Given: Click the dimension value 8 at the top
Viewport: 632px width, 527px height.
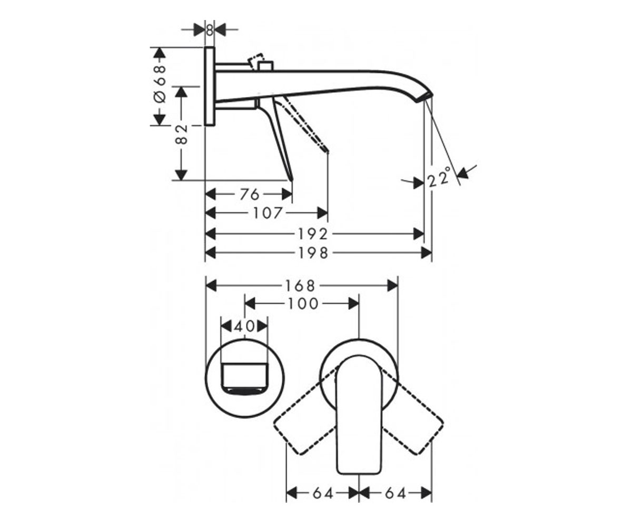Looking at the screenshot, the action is (210, 30).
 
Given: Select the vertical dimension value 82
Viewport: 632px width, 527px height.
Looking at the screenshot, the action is (181, 134).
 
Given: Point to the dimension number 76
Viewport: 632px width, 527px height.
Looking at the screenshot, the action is (250, 194).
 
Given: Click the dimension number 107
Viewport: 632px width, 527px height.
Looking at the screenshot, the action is (268, 213).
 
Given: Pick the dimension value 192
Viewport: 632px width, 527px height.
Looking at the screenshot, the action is (313, 234).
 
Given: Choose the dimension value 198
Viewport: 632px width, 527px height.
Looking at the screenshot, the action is (313, 253).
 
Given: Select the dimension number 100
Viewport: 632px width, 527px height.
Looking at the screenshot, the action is (303, 304).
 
